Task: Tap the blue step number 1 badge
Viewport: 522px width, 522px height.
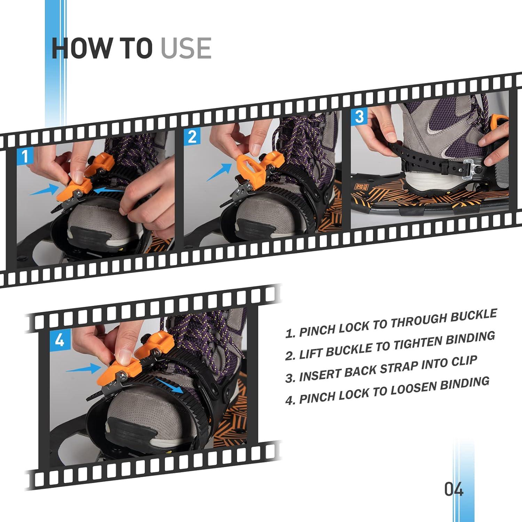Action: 25,156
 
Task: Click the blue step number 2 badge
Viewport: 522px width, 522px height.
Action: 192,137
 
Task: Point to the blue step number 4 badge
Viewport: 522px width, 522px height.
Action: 60,339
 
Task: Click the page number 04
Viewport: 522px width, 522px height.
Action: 454,489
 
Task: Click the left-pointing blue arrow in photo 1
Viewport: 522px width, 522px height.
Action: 109,190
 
